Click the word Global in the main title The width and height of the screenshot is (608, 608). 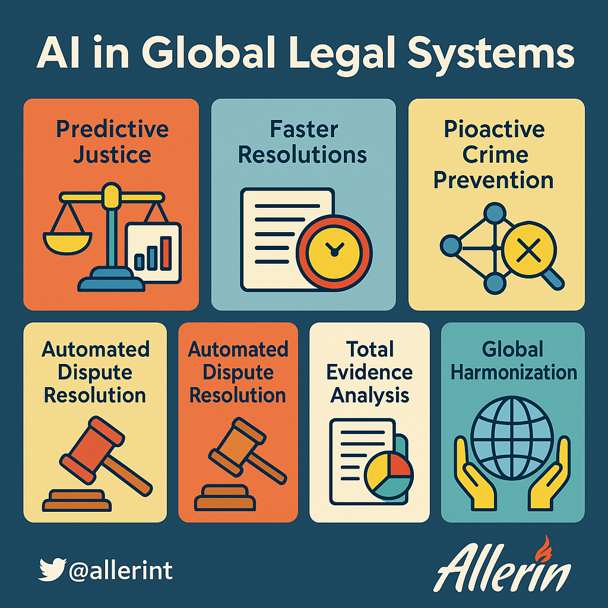tap(210, 52)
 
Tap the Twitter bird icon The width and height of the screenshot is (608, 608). tap(52, 569)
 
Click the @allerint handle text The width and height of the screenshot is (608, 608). tap(121, 571)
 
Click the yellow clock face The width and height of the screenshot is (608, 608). tap(334, 252)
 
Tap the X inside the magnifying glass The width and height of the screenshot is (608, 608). tap(529, 250)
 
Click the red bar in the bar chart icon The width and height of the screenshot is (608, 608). tap(166, 253)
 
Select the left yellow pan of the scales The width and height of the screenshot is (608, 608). tap(67, 243)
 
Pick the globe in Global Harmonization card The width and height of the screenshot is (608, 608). tap(512, 438)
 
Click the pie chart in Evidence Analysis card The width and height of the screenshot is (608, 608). tap(389, 475)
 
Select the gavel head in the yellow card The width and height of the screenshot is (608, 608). tap(92, 450)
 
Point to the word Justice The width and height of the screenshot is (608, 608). tap(112, 155)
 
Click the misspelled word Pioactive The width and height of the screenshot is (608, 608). tap(494, 129)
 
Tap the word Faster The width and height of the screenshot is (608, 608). tap(304, 129)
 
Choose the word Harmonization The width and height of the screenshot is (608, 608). tap(514, 372)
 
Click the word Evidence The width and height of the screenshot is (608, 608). tap(369, 372)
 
